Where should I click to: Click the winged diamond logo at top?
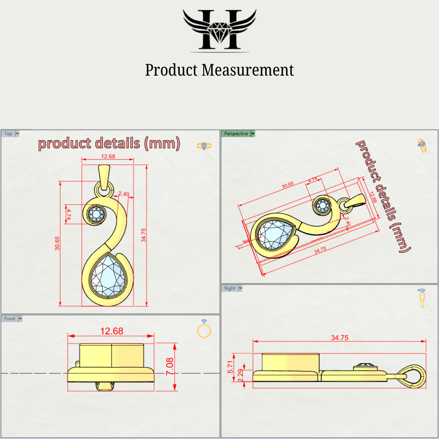[219, 29]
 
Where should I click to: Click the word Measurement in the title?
[248, 70]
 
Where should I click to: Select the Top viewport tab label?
[8, 133]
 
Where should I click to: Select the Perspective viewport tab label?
[236, 133]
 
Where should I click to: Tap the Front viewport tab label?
[10, 319]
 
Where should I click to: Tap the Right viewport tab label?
[230, 288]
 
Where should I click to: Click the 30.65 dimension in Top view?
[57, 243]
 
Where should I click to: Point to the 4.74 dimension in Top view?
[69, 214]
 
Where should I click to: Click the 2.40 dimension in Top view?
[124, 194]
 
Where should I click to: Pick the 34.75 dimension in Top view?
[143, 235]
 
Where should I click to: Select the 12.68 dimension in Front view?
[111, 331]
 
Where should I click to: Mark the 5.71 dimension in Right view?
[230, 367]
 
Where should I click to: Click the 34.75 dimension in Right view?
[339, 338]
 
